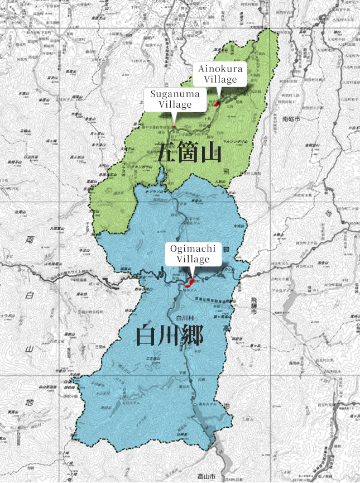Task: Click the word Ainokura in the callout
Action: [219, 69]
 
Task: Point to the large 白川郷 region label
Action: [170, 335]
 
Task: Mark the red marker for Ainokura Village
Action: [217, 103]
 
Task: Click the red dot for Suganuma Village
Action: [174, 127]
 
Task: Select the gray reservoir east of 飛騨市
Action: [290, 304]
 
